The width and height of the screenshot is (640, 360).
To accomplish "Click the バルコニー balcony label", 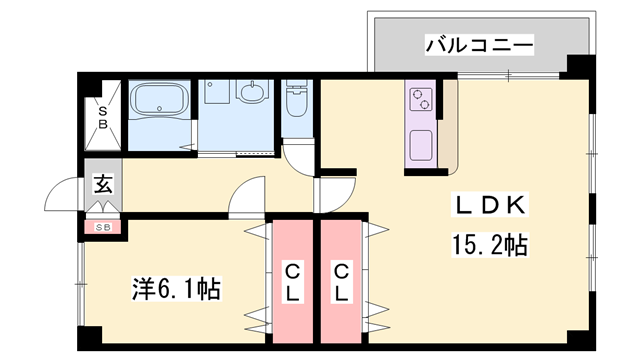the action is coord(479,44).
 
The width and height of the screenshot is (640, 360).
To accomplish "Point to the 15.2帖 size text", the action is coord(489,243).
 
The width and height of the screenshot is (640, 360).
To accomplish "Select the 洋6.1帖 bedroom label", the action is coord(177,290).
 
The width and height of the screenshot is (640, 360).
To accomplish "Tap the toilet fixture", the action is coord(295,102).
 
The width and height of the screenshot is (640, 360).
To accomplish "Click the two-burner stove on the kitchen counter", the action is coord(420,100).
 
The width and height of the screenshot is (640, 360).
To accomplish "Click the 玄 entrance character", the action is coord(103,183).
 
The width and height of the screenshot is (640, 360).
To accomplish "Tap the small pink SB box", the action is coord(103,227).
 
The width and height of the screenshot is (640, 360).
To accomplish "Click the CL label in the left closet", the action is coord(293,282).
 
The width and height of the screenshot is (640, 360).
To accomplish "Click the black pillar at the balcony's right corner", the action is coord(577,68).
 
